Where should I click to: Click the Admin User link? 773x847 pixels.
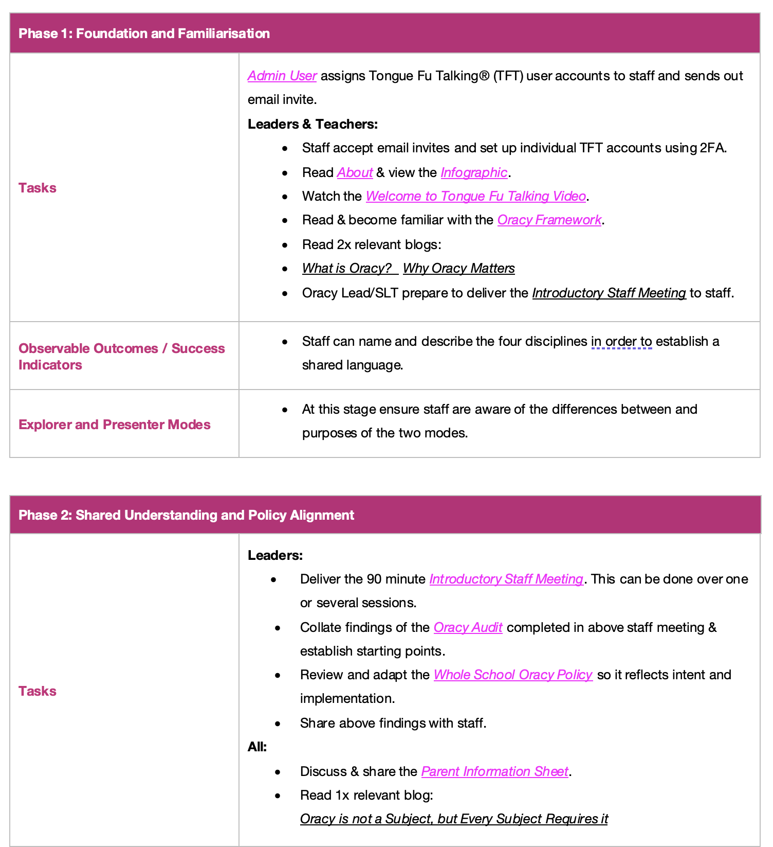[x=282, y=76]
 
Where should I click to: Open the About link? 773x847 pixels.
[x=355, y=173]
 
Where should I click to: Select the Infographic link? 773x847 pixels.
[x=474, y=173]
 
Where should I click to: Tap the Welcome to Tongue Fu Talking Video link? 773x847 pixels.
[x=475, y=197]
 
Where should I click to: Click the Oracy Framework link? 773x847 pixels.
[x=549, y=220]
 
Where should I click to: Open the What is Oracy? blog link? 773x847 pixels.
[x=347, y=269]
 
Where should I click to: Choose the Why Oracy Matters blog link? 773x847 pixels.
[x=458, y=269]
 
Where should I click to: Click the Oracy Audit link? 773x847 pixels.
[x=468, y=628]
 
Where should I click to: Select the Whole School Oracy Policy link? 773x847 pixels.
[x=513, y=675]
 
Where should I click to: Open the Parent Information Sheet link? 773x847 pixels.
[x=494, y=772]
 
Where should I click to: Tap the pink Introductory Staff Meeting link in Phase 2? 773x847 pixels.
[x=506, y=579]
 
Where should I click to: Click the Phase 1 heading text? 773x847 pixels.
[x=144, y=34]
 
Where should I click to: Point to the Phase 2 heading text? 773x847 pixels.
[x=186, y=516]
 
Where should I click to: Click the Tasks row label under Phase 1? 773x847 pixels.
[x=38, y=188]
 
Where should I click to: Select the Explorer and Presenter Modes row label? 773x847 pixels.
[x=115, y=425]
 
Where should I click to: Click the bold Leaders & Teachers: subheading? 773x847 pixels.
[x=312, y=125]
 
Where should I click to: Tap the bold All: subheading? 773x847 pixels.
[x=257, y=747]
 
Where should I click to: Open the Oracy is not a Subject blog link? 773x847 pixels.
[x=454, y=819]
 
